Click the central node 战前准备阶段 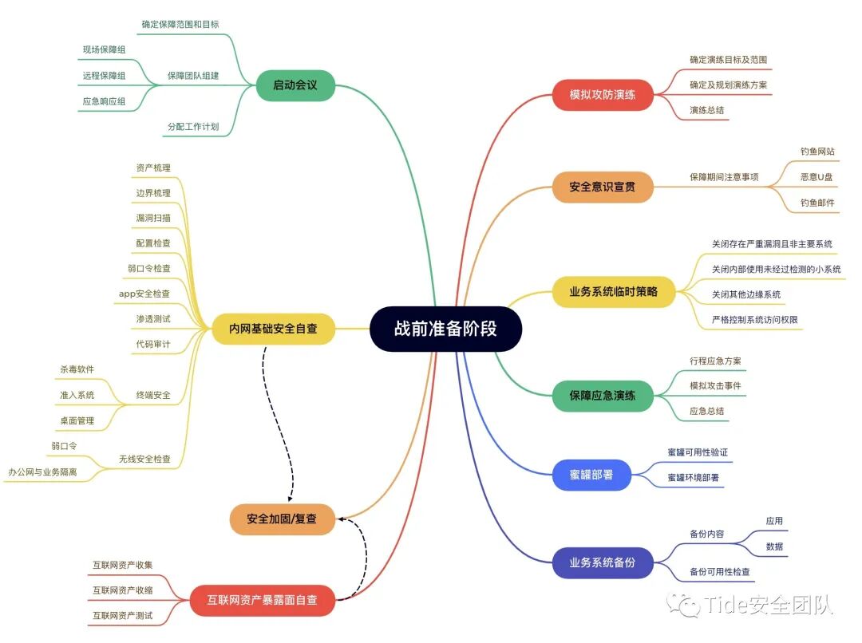pos(445,329)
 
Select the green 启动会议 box pos(295,85)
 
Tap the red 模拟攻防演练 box pos(603,95)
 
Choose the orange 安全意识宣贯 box pos(603,188)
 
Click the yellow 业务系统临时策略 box pos(614,292)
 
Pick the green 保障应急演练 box pos(603,395)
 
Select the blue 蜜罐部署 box pos(591,475)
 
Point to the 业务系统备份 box pos(603,562)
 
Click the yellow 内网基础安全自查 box pos(273,328)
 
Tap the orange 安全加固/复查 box pos(283,519)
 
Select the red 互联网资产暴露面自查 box pos(262,600)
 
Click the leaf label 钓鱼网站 pos(817,151)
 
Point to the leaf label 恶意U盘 pos(817,177)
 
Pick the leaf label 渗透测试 pos(152,318)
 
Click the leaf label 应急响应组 pos(104,102)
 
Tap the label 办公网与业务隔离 pos(44,472)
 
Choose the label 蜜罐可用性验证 pos(698,452)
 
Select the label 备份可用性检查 pos(719,571)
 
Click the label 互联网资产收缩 pos(122,590)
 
